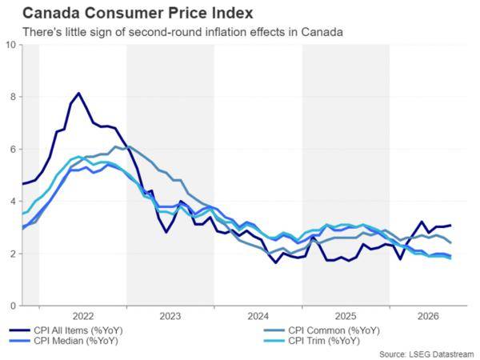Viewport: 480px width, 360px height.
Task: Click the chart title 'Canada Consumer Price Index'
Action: click(138, 13)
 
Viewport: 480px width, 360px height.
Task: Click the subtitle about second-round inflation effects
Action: click(182, 32)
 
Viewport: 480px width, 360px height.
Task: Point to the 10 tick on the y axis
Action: click(10, 45)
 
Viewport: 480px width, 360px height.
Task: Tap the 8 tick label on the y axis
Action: click(13, 97)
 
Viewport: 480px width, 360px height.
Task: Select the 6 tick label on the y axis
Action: click(13, 149)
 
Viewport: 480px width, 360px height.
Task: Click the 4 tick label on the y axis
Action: click(13, 202)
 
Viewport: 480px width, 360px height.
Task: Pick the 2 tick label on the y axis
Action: click(13, 254)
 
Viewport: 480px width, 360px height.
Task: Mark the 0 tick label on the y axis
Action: click(13, 306)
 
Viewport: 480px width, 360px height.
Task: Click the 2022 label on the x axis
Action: click(83, 316)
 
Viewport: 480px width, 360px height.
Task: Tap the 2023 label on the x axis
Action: click(170, 316)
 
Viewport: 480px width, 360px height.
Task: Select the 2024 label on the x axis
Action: click(258, 316)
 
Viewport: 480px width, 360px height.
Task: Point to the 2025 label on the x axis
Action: click(346, 316)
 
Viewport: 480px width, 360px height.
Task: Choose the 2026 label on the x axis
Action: click(428, 316)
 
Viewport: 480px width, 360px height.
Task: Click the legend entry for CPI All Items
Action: click(66, 330)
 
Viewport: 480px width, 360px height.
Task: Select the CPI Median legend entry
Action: click(64, 341)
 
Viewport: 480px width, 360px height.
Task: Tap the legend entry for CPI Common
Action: click(322, 330)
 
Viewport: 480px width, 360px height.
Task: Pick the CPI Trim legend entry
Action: click(312, 341)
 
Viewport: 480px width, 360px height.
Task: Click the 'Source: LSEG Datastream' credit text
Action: click(426, 354)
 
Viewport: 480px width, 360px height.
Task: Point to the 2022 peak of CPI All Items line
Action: click(78, 93)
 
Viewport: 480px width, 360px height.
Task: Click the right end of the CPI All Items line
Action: click(450, 226)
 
